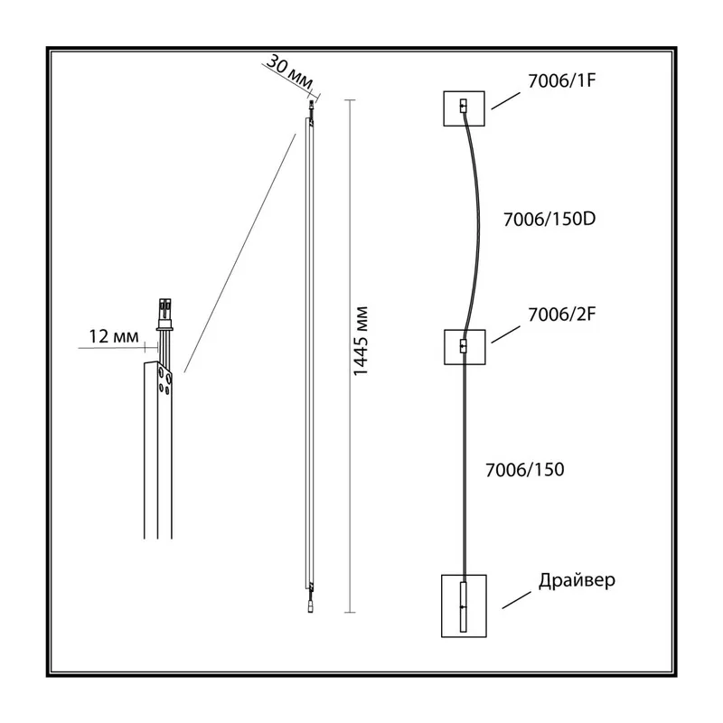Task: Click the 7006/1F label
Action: (x=561, y=81)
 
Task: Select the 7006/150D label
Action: (x=549, y=219)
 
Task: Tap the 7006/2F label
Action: (x=561, y=315)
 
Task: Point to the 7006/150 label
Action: (x=525, y=470)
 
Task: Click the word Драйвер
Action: (x=577, y=580)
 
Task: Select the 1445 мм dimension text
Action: (x=360, y=341)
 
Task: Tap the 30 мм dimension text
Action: (x=290, y=70)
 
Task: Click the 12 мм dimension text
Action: (x=114, y=336)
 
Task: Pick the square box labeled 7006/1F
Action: (x=464, y=108)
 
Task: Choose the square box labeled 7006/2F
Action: (x=465, y=347)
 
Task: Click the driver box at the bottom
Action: (x=464, y=606)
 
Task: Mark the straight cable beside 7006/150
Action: (x=464, y=466)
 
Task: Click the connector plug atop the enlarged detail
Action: (x=165, y=315)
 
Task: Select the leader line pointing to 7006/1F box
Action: (x=506, y=100)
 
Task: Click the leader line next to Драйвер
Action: (x=517, y=600)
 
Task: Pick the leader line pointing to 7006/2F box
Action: (x=506, y=334)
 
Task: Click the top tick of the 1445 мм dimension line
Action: (x=350, y=100)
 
